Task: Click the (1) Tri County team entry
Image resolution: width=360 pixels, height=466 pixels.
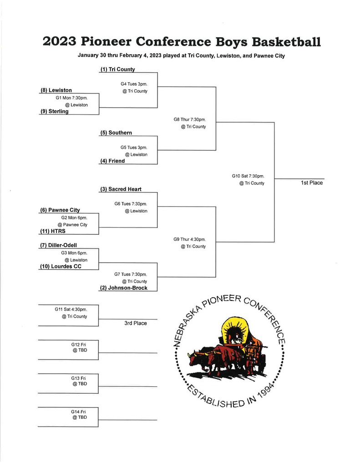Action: pyautogui.click(x=118, y=69)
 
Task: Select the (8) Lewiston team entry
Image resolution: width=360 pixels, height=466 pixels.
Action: pyautogui.click(x=56, y=90)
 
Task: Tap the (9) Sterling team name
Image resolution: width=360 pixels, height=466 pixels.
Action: pyautogui.click(x=55, y=111)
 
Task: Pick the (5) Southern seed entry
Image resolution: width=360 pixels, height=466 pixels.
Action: pyautogui.click(x=116, y=132)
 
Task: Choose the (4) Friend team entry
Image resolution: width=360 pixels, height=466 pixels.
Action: pyautogui.click(x=113, y=161)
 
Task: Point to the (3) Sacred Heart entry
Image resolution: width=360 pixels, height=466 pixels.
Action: pyautogui.click(x=121, y=189)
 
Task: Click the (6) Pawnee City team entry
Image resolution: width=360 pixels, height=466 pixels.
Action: pyautogui.click(x=60, y=210)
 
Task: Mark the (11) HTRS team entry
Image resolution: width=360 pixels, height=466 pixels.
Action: pyautogui.click(x=53, y=231)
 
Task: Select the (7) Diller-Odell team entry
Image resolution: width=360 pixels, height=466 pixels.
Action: pyautogui.click(x=59, y=245)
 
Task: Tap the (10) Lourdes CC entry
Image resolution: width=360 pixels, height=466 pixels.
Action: pyautogui.click(x=61, y=266)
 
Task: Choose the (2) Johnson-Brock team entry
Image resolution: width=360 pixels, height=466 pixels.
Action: pyautogui.click(x=124, y=288)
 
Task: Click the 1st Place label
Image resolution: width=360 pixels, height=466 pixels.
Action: pyautogui.click(x=312, y=183)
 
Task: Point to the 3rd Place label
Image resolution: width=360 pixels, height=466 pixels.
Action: pyautogui.click(x=136, y=323)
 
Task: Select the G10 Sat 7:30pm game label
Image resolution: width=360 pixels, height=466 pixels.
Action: pyautogui.click(x=248, y=176)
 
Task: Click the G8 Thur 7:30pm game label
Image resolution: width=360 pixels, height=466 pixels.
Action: pyautogui.click(x=190, y=120)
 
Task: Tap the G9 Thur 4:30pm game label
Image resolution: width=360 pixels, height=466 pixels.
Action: pyautogui.click(x=190, y=239)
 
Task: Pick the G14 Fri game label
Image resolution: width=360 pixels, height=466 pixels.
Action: pyautogui.click(x=78, y=411)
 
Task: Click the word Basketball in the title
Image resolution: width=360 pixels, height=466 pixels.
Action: pyautogui.click(x=286, y=41)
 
